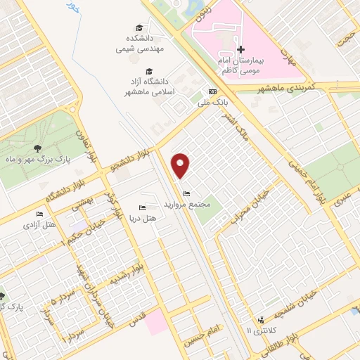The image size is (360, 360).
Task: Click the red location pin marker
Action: pos(181,165)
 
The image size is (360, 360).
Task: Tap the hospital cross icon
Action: pos(240,50)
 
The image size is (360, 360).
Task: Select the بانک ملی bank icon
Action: pos(212,92)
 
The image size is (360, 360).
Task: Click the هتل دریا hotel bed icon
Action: pos(142,207)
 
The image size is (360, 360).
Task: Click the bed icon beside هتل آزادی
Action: pos(39,214)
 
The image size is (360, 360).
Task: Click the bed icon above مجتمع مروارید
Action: pos(186,194)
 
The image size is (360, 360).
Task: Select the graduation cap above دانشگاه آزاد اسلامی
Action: pos(149,71)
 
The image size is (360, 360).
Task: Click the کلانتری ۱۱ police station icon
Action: pos(261,319)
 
